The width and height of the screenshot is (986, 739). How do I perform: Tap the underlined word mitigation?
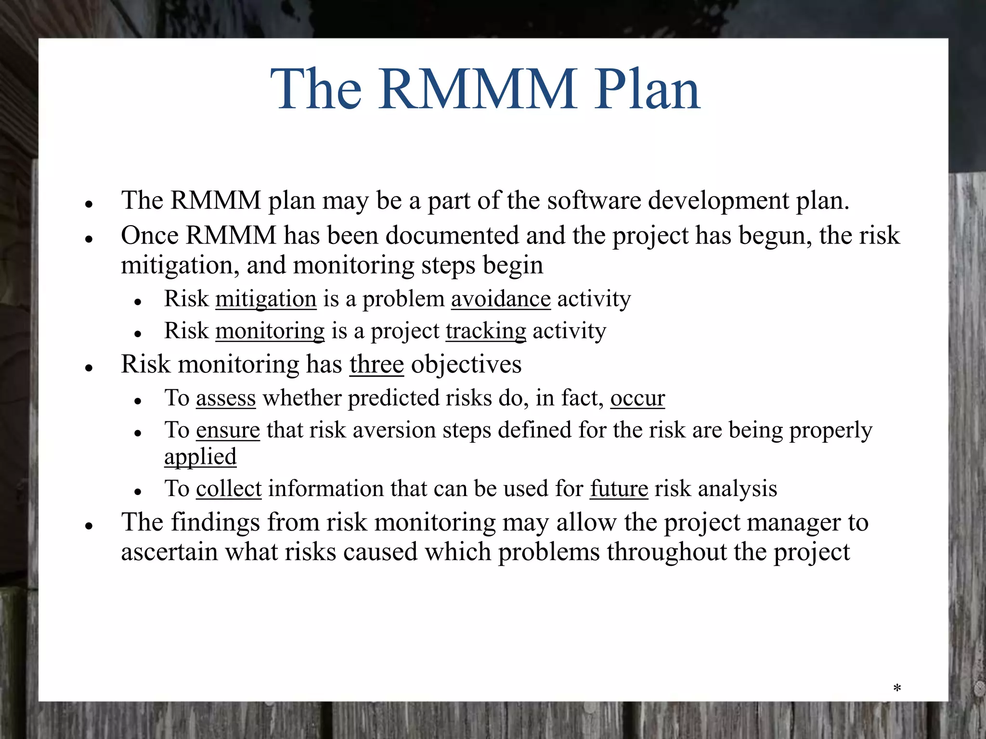[266, 299]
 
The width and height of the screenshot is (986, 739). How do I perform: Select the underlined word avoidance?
[501, 299]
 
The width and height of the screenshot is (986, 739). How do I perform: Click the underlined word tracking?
[486, 331]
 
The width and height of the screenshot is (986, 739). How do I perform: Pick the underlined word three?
[376, 365]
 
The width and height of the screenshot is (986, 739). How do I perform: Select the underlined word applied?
[200, 457]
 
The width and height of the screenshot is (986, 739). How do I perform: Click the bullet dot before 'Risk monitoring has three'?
[89, 368]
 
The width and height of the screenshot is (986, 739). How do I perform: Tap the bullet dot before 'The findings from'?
[89, 526]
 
